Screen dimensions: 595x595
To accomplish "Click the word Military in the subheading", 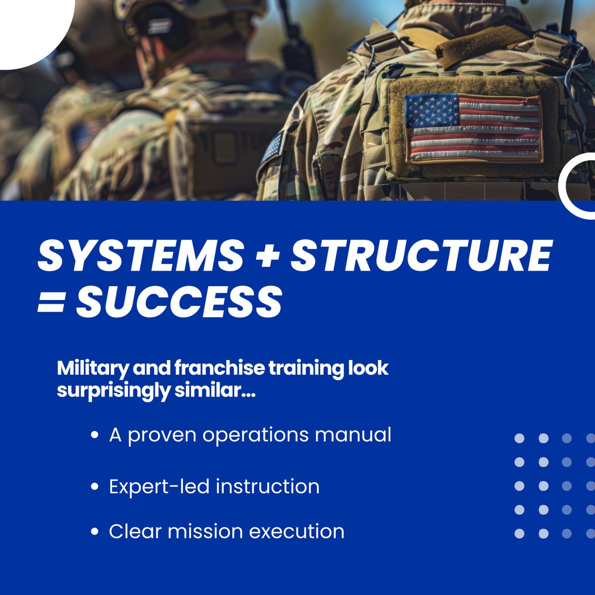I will (x=87, y=369).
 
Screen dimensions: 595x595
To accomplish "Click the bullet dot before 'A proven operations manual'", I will (x=94, y=436).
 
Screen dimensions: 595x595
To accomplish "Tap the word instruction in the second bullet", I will (x=268, y=486).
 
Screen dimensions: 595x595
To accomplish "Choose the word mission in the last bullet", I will (x=205, y=531).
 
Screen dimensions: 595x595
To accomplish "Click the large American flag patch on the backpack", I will (x=472, y=128).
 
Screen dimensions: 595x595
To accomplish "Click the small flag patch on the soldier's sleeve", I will (x=273, y=147).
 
